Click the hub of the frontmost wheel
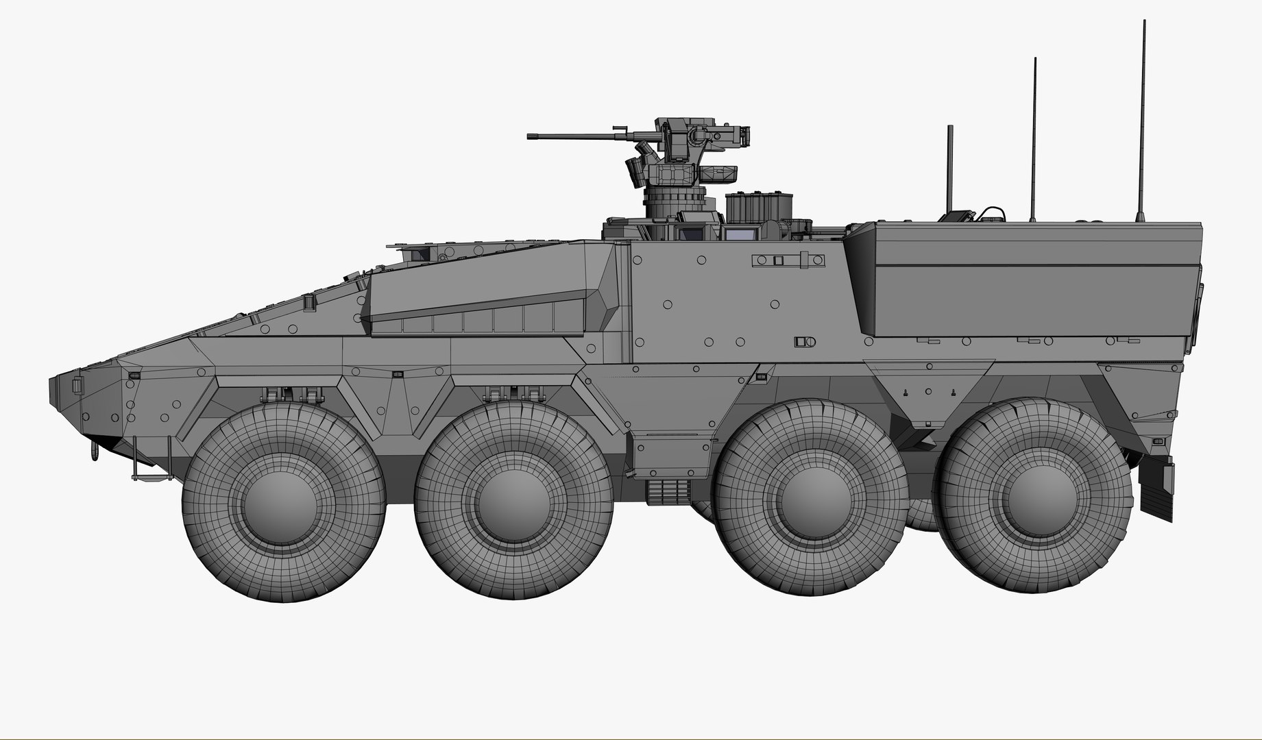click(x=284, y=502)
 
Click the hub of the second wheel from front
click(x=514, y=502)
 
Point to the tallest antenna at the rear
click(x=1143, y=116)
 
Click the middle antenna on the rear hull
click(x=1034, y=137)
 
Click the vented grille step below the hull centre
click(x=666, y=492)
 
